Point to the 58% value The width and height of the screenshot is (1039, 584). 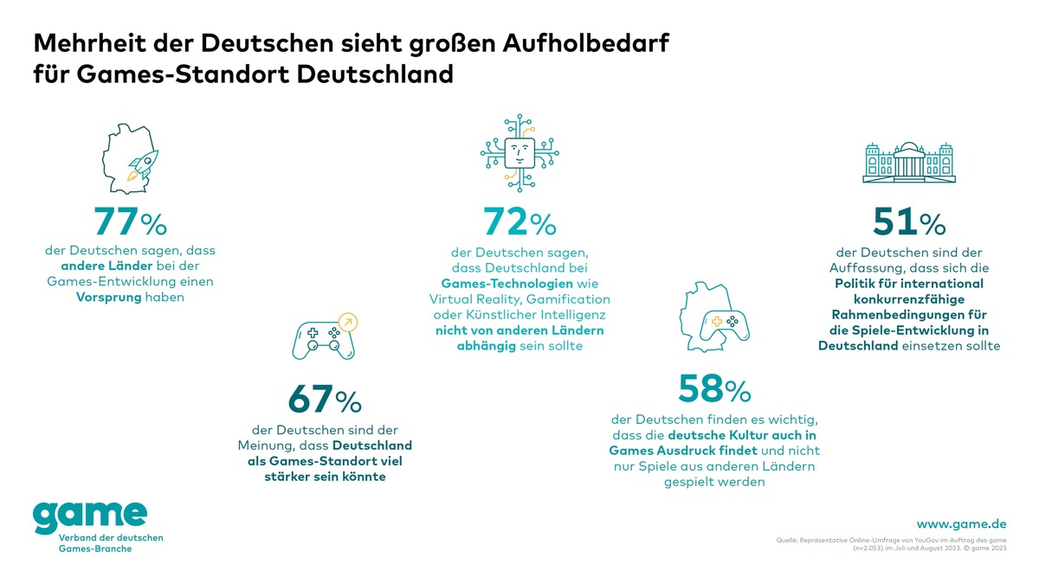click(714, 389)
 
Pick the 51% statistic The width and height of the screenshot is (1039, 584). click(909, 221)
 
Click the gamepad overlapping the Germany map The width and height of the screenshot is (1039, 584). click(726, 325)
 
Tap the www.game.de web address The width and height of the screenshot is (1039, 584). click(960, 523)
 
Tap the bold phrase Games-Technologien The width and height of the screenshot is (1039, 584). click(494, 283)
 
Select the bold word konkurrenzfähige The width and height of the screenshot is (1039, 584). click(908, 298)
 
